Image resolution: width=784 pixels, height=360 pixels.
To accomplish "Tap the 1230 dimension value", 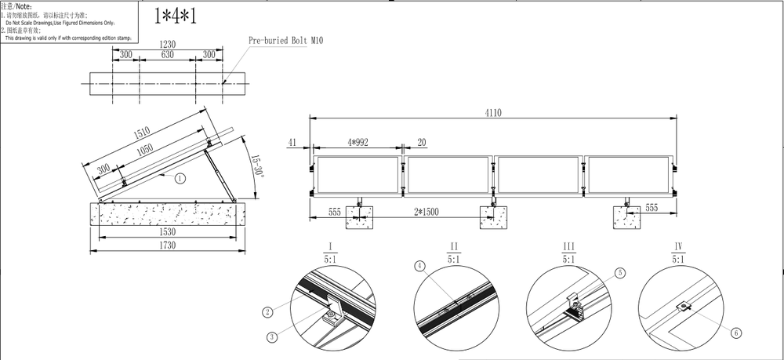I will click(165, 45).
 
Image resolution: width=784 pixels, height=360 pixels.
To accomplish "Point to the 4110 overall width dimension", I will click(492, 113).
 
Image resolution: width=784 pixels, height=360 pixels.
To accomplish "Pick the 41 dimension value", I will click(292, 142).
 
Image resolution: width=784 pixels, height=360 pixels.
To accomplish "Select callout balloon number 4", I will click(420, 266).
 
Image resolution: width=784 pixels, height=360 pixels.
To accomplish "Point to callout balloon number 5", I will click(620, 273).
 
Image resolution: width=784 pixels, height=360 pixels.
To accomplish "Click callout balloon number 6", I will click(736, 333).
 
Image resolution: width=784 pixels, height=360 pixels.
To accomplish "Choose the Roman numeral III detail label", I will click(569, 246).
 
